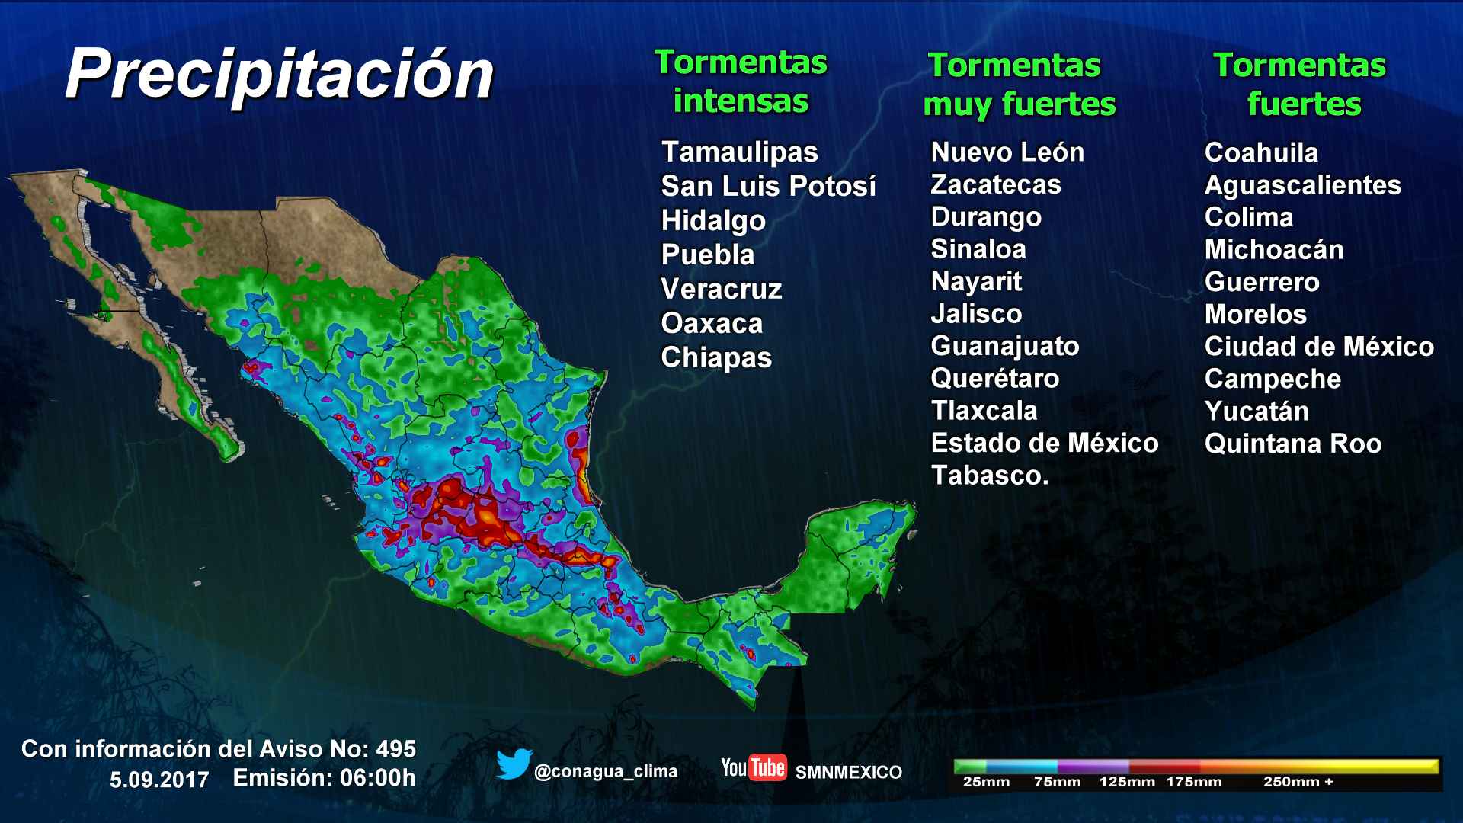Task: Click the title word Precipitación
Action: click(x=280, y=74)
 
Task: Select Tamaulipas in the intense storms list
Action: click(x=739, y=152)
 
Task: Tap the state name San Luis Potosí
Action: click(x=768, y=186)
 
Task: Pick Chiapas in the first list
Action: click(x=716, y=357)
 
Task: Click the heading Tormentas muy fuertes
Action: click(x=1019, y=85)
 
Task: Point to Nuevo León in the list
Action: click(x=1007, y=152)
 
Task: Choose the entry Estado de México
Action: click(x=1044, y=443)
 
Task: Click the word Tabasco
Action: click(x=989, y=476)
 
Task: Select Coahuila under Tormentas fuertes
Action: click(x=1261, y=152)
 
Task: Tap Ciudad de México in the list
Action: click(x=1319, y=347)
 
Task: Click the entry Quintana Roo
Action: click(x=1292, y=444)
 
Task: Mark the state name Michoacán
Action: click(x=1273, y=250)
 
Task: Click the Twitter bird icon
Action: click(x=514, y=764)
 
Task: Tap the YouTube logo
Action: click(x=753, y=768)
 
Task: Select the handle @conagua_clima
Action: click(x=606, y=771)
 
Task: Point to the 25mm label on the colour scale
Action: click(x=986, y=782)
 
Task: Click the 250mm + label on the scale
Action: click(x=1298, y=782)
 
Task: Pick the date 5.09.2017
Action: click(x=159, y=780)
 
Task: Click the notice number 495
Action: click(x=395, y=749)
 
